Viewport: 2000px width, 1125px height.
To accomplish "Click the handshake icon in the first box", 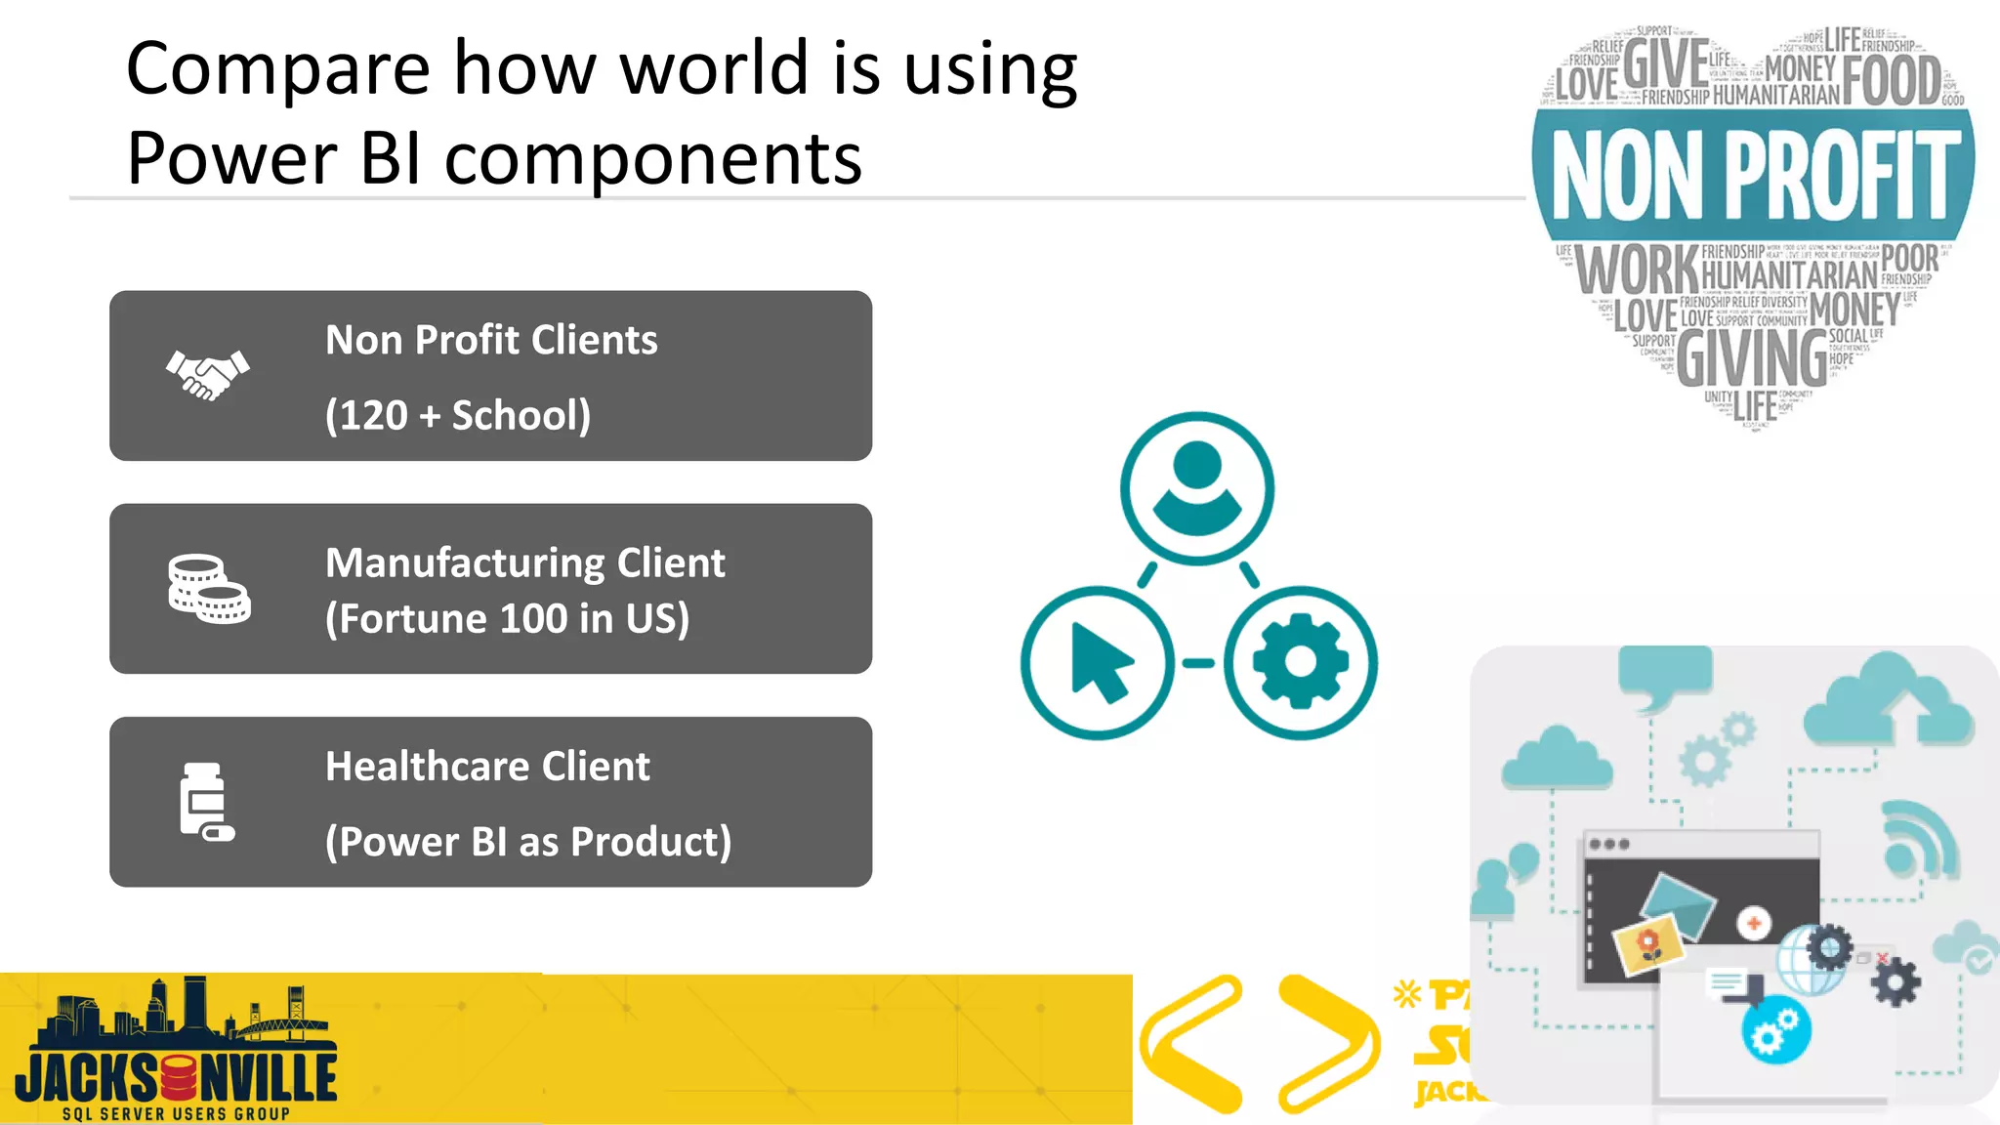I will tap(208, 375).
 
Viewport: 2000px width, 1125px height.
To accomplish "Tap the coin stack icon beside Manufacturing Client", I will tap(209, 589).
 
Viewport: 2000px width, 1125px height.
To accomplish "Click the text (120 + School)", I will tap(457, 415).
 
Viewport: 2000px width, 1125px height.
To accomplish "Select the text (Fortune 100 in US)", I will tap(507, 619).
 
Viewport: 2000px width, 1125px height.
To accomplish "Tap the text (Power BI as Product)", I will tap(528, 842).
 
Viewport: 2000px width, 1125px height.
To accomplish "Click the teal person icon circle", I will tap(1196, 488).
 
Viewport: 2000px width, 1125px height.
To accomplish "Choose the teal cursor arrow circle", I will tap(1098, 663).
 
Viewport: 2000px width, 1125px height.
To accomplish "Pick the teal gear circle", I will tap(1301, 663).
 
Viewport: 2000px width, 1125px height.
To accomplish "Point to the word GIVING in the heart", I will tap(1752, 358).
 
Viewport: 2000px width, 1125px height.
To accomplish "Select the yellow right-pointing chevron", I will tap(1328, 1043).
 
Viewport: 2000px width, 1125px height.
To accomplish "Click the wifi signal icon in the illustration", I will tap(1918, 840).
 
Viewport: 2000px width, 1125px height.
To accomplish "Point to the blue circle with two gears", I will tap(1775, 1031).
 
